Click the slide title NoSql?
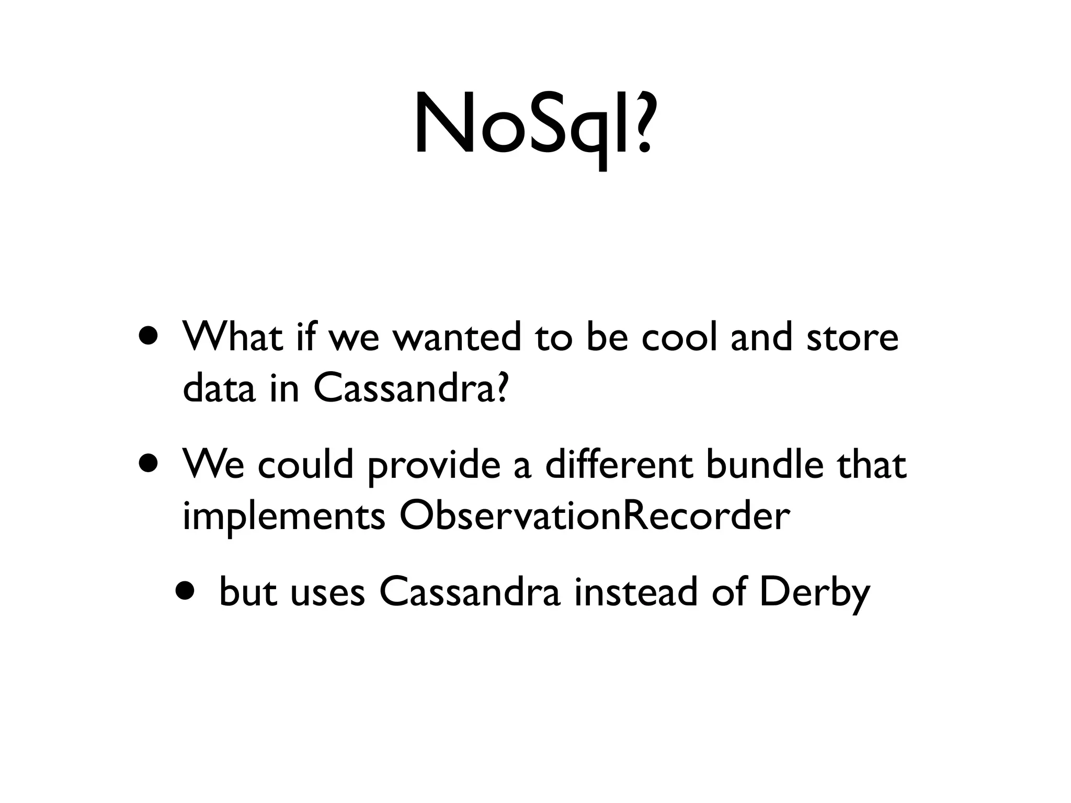(x=533, y=125)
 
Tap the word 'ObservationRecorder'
(x=594, y=515)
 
